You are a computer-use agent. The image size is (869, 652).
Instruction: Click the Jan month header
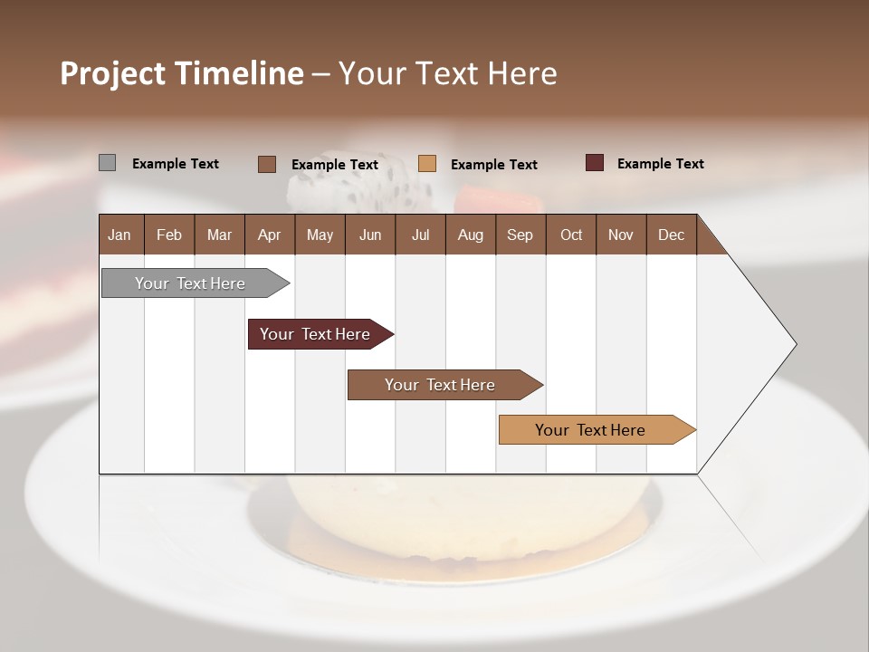tap(120, 235)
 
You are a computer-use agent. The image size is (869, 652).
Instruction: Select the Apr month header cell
tap(270, 235)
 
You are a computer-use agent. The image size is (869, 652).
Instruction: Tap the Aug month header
tap(471, 235)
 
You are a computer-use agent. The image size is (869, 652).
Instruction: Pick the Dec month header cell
tap(671, 235)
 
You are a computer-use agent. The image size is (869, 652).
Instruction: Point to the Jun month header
tap(370, 235)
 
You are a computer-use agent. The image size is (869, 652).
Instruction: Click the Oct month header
tap(571, 235)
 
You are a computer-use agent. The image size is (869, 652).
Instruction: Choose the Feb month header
tap(169, 235)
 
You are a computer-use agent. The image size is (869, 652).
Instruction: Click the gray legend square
tap(107, 163)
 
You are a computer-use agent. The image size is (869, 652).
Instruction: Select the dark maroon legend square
tap(594, 163)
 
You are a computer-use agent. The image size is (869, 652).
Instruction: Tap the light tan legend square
tap(427, 163)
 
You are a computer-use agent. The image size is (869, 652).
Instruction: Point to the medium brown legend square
tap(266, 164)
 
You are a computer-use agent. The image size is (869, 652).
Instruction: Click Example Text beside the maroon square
tap(660, 164)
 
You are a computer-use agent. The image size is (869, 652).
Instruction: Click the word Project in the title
tap(112, 74)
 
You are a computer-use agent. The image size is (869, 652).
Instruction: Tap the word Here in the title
tap(522, 73)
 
